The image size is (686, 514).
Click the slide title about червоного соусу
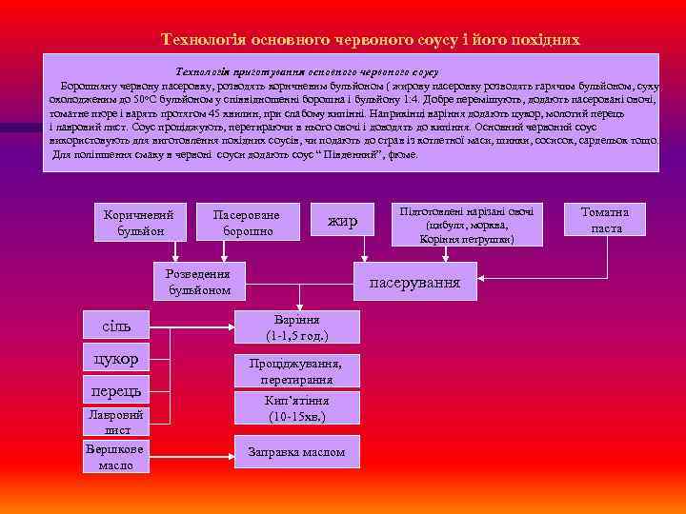tap(370, 40)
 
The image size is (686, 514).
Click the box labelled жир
tap(342, 221)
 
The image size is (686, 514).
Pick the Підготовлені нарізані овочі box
tap(467, 225)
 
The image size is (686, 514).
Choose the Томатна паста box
tap(606, 220)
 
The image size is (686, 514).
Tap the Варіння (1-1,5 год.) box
tap(297, 327)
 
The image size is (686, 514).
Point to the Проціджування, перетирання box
tap(297, 370)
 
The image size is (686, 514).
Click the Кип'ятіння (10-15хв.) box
tap(297, 410)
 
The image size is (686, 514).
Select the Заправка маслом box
tap(297, 452)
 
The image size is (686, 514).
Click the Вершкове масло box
tap(116, 457)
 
